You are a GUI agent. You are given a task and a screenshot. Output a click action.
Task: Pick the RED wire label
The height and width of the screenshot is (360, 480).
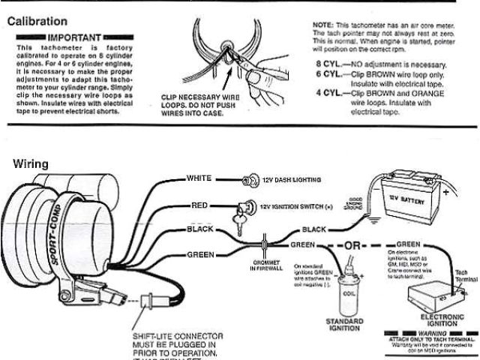199,204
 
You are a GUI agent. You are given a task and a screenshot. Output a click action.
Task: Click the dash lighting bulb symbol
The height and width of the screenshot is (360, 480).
246,180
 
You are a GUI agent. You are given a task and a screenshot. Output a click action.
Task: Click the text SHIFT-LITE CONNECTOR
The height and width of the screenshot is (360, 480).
171,337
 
